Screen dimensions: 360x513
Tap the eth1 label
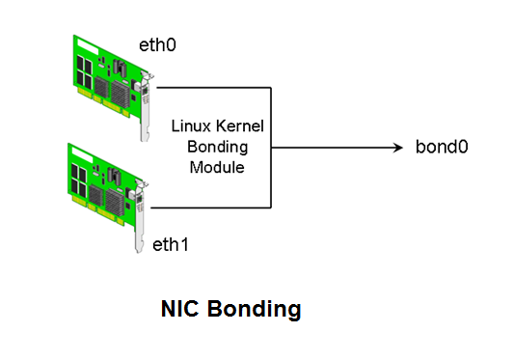point(170,244)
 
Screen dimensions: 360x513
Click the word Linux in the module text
point(191,125)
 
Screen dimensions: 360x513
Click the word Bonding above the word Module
point(215,147)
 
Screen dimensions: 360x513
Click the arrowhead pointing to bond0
point(396,148)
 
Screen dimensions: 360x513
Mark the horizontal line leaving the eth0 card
point(212,88)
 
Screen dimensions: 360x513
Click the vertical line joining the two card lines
point(271,148)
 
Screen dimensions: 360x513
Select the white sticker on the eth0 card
point(121,69)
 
